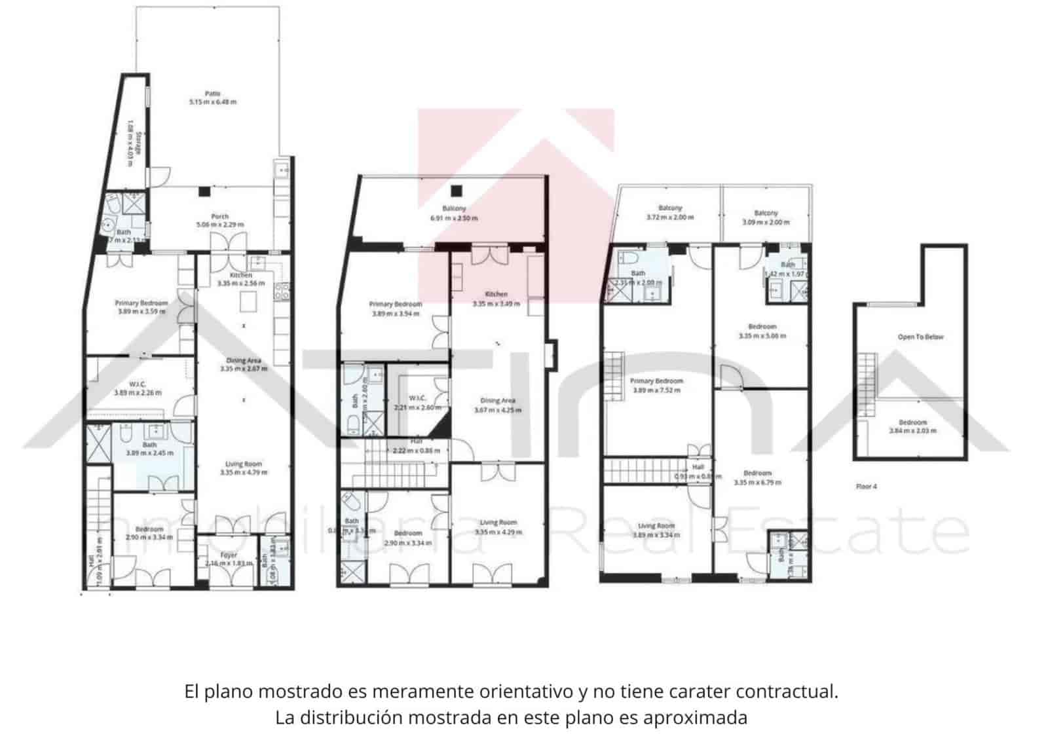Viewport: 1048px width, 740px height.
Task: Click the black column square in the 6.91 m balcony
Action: (x=457, y=191)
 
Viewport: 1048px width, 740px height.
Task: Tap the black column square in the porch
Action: (x=205, y=191)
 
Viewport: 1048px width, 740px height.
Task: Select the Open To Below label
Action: (x=920, y=337)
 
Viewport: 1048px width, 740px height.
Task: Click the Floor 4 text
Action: (x=866, y=487)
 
